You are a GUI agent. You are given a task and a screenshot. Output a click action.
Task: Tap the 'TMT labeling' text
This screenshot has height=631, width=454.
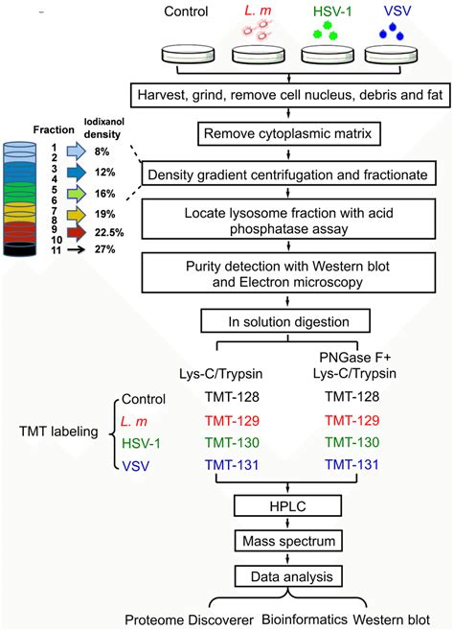[x=59, y=432]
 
